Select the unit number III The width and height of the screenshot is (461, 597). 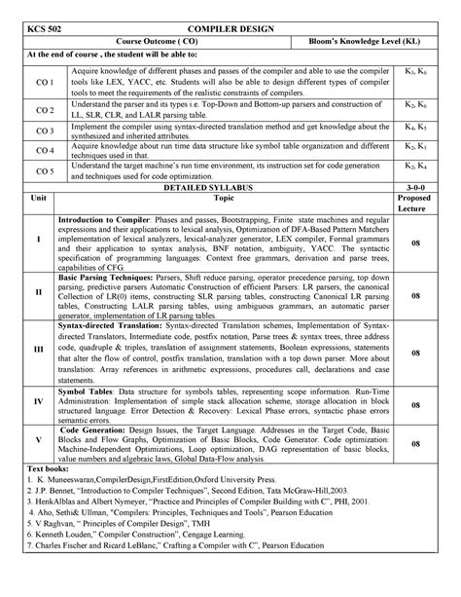[39, 348]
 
